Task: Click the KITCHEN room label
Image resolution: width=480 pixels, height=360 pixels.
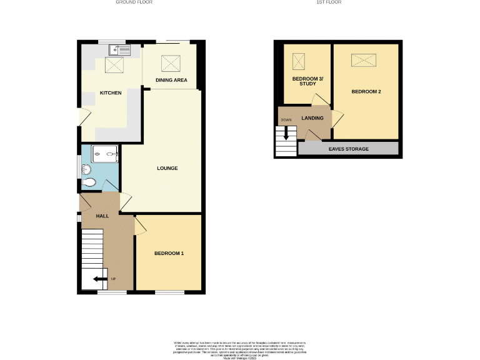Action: click(111, 93)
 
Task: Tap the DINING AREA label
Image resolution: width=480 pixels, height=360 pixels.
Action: click(171, 80)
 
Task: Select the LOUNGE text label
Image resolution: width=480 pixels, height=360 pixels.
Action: click(167, 168)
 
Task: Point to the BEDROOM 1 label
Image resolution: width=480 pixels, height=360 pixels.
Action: click(169, 253)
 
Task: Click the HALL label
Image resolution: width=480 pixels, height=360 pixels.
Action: click(102, 216)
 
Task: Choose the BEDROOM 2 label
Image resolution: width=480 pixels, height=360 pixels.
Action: click(366, 92)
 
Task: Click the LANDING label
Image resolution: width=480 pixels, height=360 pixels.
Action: click(312, 118)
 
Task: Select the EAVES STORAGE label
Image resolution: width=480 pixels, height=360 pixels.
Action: click(348, 149)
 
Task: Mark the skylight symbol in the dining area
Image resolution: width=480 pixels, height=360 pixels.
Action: click(169, 63)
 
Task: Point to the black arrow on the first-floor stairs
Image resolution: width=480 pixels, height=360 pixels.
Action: click(286, 133)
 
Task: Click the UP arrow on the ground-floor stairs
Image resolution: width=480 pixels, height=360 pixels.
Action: click(99, 279)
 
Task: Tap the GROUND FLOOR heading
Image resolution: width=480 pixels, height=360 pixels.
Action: click(134, 2)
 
